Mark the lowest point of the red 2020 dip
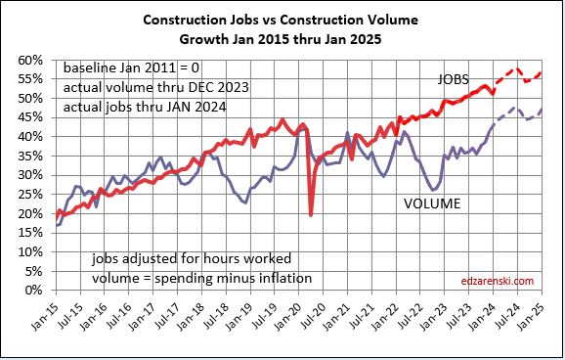coord(311,215)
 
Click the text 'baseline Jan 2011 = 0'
coord(129,69)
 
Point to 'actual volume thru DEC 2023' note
coord(155,87)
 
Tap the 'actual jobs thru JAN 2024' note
coord(145,105)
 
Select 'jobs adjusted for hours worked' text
coord(164,261)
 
